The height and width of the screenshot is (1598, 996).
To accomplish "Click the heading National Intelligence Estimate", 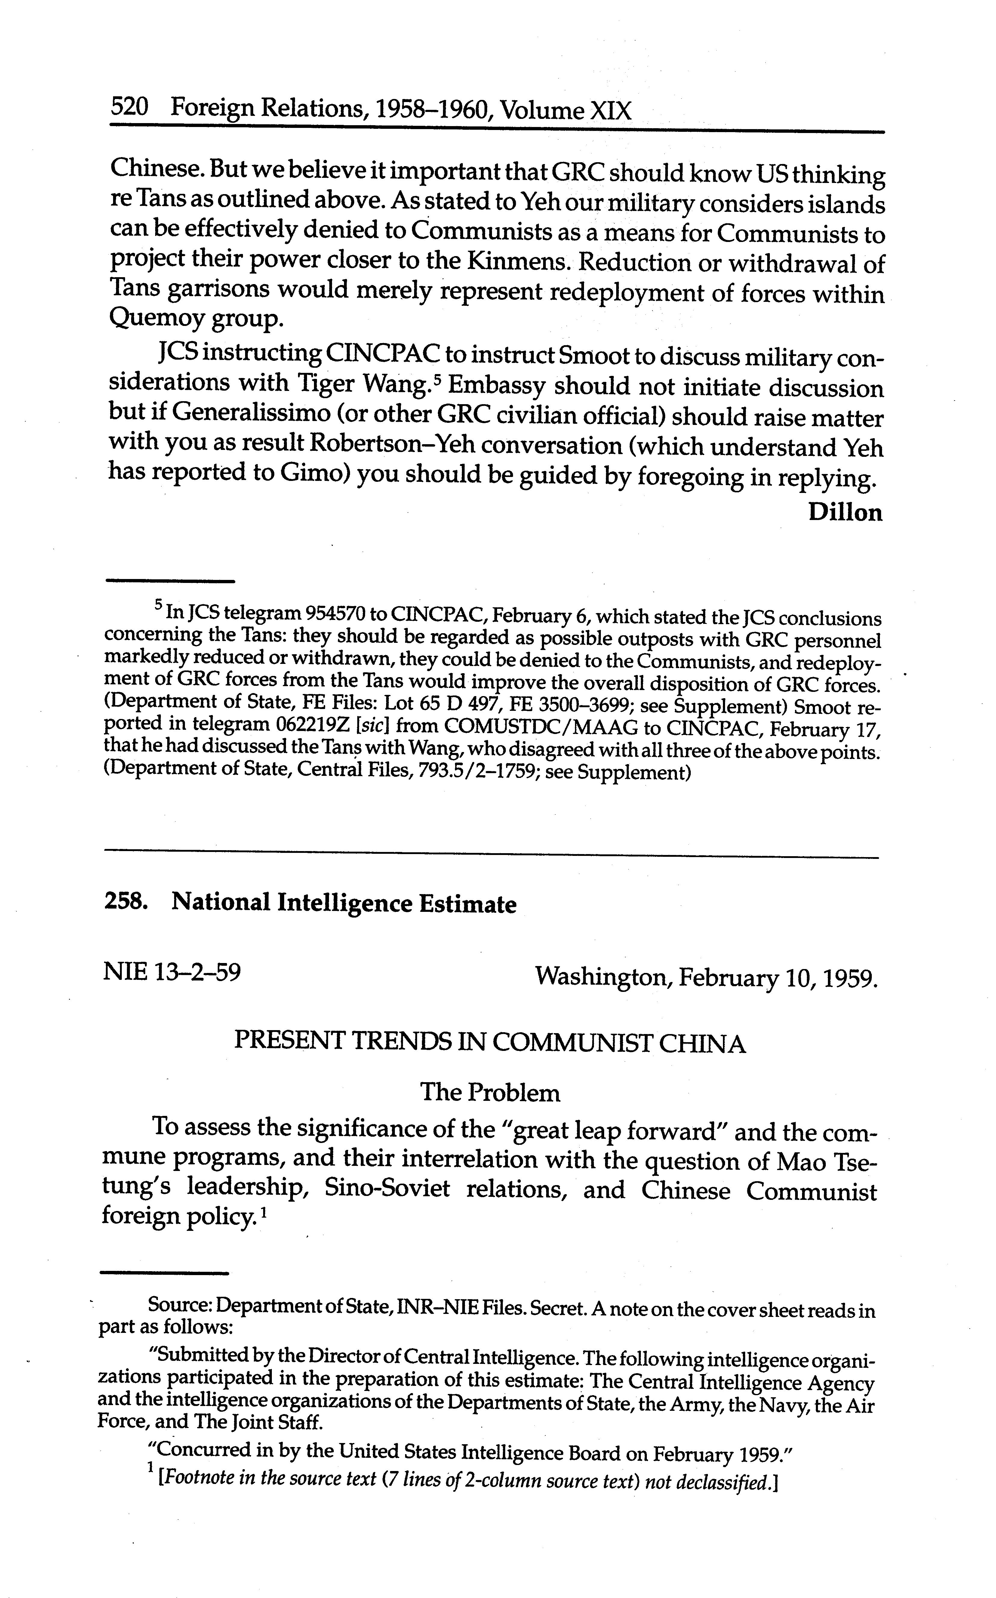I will (x=344, y=903).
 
